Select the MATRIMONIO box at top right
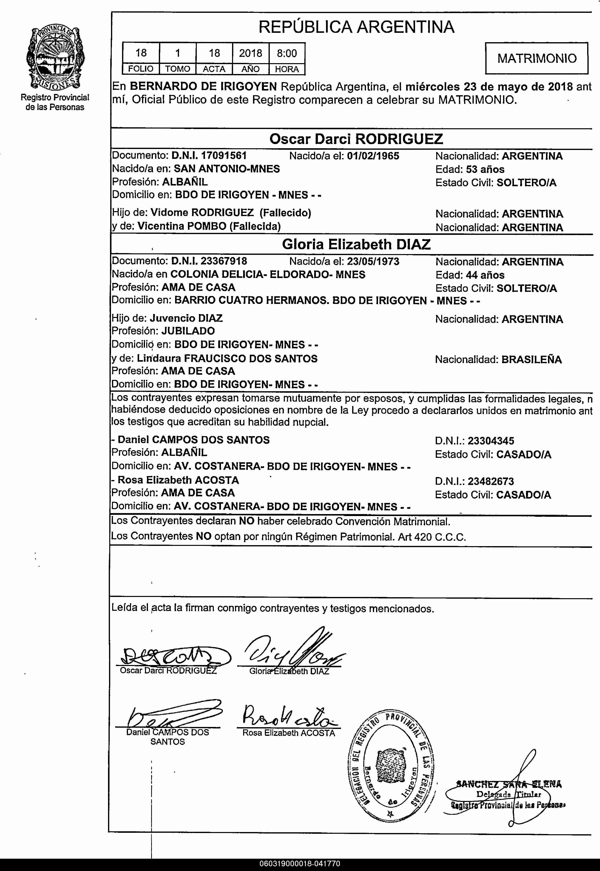pyautogui.click(x=536, y=58)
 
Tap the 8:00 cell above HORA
pyautogui.click(x=287, y=53)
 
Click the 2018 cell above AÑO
pyautogui.click(x=250, y=53)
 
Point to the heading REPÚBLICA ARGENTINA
pyautogui.click(x=356, y=27)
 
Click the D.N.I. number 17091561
pyautogui.click(x=224, y=156)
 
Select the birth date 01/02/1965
pyautogui.click(x=373, y=156)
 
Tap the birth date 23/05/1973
pyautogui.click(x=373, y=261)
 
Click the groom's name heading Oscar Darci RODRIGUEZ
pyautogui.click(x=356, y=139)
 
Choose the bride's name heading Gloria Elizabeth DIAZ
pyautogui.click(x=356, y=245)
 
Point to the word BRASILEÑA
pyautogui.click(x=532, y=360)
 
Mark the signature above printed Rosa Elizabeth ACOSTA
pyautogui.click(x=288, y=718)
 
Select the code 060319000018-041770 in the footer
pyautogui.click(x=300, y=864)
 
